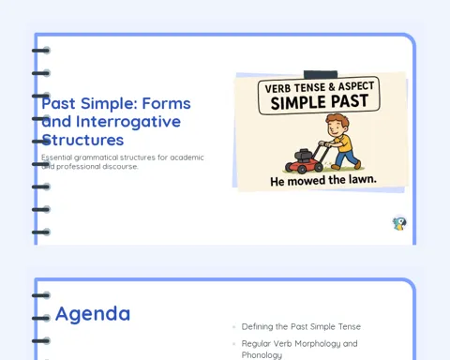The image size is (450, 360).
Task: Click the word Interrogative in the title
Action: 128,122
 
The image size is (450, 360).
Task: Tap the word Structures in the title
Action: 82,140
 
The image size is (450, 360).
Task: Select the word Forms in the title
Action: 166,103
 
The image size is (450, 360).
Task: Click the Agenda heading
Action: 93,314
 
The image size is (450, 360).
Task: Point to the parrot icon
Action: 399,224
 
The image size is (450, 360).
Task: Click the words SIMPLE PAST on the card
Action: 320,102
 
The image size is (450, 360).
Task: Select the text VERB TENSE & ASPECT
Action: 320,87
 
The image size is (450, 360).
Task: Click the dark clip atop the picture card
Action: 321,74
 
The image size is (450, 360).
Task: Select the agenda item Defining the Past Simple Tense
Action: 301,326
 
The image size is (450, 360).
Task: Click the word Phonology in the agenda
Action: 262,355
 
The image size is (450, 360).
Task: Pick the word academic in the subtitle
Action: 187,157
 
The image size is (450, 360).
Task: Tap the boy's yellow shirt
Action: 343,143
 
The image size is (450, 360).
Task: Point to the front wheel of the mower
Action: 302,169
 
